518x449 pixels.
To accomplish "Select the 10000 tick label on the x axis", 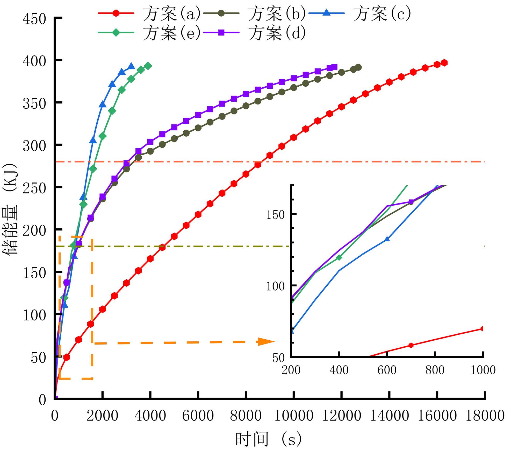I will point(293,416).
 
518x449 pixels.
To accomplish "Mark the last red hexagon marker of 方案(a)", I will point(444,63).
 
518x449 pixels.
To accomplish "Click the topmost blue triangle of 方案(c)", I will point(131,66).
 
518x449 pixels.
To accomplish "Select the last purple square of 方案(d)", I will point(334,67).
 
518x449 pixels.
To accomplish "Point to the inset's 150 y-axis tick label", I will point(275,215).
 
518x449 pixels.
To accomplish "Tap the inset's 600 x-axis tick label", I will point(387,370).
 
